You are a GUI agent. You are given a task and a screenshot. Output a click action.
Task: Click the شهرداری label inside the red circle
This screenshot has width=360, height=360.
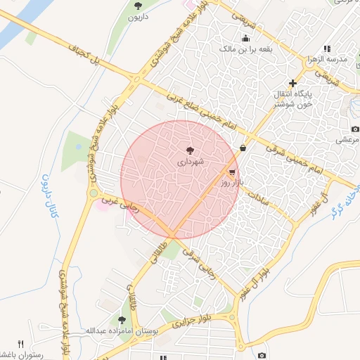coord(189,162)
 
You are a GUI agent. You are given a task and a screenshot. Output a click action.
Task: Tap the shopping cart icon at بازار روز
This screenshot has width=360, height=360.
coord(232,172)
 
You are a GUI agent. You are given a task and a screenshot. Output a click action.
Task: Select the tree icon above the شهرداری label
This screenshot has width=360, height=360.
coord(189,150)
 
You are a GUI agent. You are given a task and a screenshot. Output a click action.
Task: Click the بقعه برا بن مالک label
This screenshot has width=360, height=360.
coord(245,49)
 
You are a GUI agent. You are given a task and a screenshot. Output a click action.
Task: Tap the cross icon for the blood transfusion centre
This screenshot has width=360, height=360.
coord(293,82)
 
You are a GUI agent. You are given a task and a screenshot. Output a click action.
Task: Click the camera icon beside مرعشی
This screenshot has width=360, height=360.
coord(355,129)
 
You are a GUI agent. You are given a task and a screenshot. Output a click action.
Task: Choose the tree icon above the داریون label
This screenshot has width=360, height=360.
coord(138,6)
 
